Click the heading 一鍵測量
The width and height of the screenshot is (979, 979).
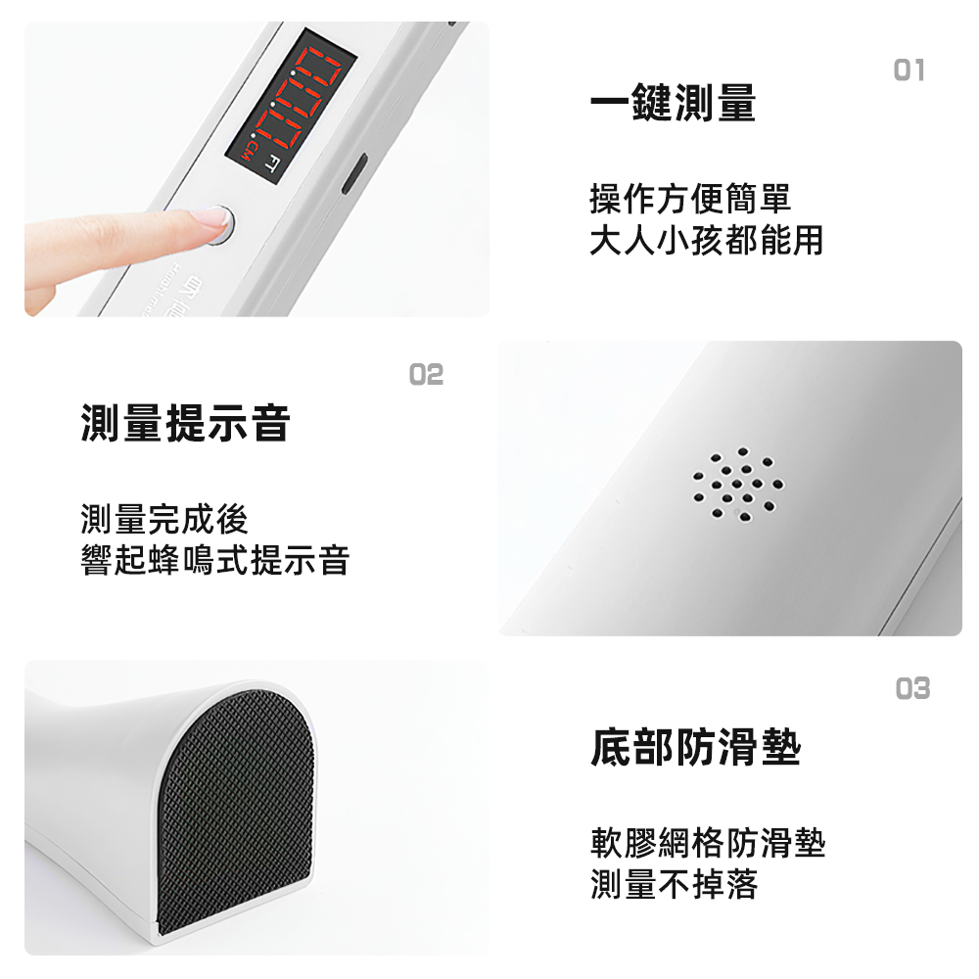673,104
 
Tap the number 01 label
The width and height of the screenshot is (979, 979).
909,70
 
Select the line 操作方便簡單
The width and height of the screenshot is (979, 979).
689,200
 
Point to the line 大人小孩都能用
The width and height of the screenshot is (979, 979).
706,240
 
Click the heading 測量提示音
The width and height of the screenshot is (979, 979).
186,423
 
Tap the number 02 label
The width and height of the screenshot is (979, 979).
426,374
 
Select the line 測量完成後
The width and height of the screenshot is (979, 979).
164,519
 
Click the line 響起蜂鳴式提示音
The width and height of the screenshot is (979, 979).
215,560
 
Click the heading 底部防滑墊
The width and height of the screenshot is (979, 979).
696,748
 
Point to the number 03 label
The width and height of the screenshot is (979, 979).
912,689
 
